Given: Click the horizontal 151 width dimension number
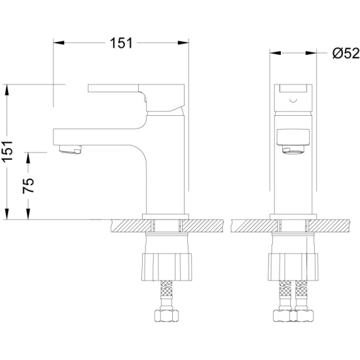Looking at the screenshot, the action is [121, 43].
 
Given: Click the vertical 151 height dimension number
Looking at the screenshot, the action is [8, 152].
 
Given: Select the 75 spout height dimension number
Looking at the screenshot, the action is [28, 185].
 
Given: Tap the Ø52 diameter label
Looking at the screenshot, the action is [346, 53].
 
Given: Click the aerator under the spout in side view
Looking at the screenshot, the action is [70, 149].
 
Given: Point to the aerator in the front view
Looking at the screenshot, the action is [293, 150].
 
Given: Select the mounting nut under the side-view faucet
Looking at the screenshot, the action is [167, 267].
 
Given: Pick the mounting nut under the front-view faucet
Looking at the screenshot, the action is [293, 267].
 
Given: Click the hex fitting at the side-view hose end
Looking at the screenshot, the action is [167, 315].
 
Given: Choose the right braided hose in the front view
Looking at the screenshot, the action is [301, 295].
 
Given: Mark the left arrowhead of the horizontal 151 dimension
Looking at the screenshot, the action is [59, 43].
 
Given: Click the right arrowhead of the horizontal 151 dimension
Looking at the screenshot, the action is [183, 43].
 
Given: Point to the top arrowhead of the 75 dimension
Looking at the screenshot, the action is [28, 158].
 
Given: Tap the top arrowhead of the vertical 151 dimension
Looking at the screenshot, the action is [7, 90].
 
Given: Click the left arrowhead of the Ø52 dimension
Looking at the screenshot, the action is [276, 53].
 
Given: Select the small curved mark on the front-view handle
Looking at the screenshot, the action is [293, 100].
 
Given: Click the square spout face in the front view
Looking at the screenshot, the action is [293, 137].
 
